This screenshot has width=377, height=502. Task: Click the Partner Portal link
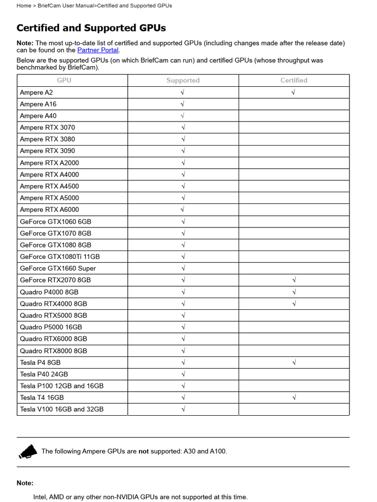98,50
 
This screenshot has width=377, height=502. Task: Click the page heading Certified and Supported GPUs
91,28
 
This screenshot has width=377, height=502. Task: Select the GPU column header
64,80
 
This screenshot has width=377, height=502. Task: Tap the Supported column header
183,80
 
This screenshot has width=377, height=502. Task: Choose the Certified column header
294,80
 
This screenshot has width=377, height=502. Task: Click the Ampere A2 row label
36,92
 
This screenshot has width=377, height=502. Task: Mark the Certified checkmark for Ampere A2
294,92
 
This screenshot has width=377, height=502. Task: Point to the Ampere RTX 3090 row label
47,151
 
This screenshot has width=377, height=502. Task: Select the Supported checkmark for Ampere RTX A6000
182,209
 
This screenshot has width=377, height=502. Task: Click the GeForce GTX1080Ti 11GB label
59,256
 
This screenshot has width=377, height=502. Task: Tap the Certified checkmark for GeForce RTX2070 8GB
294,280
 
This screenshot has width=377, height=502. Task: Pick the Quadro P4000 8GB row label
49,292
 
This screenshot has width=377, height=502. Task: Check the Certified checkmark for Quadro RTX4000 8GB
294,303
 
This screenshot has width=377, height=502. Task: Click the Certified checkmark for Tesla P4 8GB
294,362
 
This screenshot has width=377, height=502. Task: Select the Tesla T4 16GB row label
42,398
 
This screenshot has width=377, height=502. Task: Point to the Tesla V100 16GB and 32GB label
61,409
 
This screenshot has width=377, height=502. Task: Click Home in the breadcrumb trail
24,5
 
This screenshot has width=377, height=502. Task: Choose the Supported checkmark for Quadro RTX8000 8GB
183,351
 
